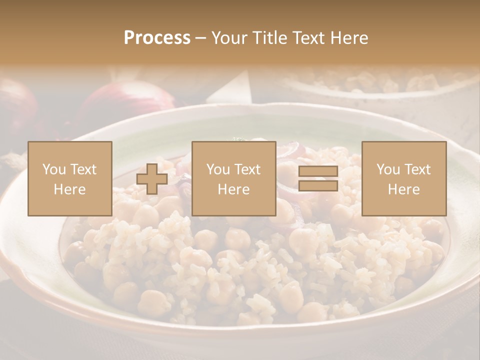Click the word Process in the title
tap(157, 38)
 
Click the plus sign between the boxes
tap(152, 179)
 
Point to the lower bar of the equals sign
tap(318, 186)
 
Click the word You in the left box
tap(53, 169)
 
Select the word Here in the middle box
tap(234, 189)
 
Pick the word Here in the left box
tap(70, 189)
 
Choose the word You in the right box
tap(387, 169)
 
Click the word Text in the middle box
tap(248, 169)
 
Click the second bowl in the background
tap(380, 82)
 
